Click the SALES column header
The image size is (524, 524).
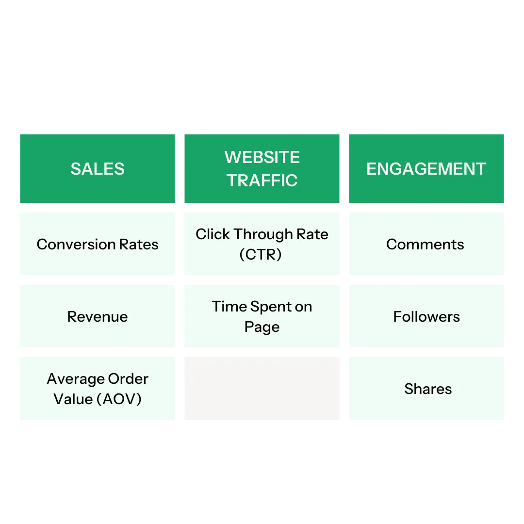tap(98, 168)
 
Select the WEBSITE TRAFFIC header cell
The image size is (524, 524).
tap(262, 168)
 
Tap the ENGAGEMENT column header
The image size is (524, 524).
tap(426, 168)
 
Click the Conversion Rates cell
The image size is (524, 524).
tap(98, 244)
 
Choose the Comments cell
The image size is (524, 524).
tap(425, 244)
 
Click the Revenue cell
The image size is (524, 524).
tap(98, 316)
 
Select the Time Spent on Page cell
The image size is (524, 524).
tap(262, 316)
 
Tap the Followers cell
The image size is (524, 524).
tap(426, 316)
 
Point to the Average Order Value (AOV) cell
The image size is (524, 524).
tap(98, 389)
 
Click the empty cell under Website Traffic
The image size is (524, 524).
tap(262, 390)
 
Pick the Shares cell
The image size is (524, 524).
tap(427, 389)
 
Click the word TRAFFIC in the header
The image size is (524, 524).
tap(262, 180)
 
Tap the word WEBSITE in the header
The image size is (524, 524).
tap(262, 157)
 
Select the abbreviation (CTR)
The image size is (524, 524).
tap(261, 254)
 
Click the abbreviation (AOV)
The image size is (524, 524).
tap(119, 399)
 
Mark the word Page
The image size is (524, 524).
tap(262, 327)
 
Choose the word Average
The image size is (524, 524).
tap(75, 378)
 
